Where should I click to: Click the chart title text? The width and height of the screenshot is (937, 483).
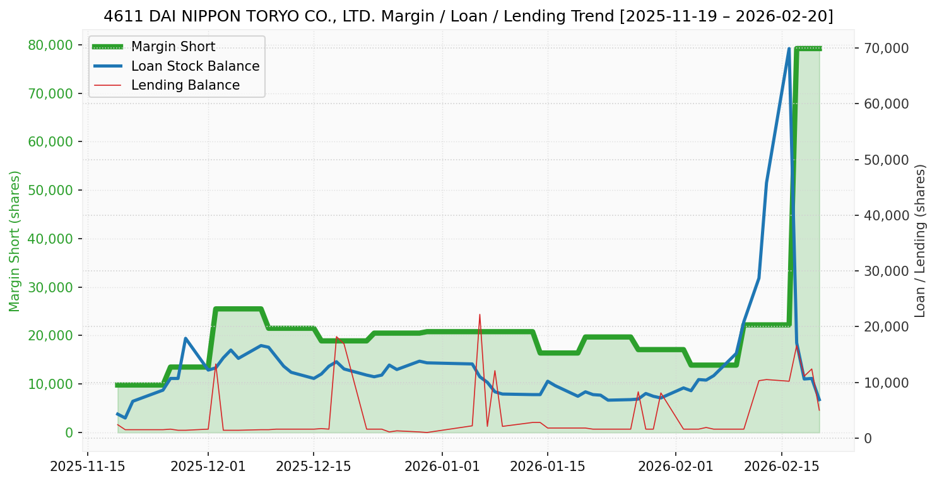pyautogui.click(x=468, y=16)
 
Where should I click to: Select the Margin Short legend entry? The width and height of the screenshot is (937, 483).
pyautogui.click(x=173, y=47)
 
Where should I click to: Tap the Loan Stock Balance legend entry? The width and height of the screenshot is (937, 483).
pyautogui.click(x=195, y=66)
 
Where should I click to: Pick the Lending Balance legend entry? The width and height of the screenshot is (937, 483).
pyautogui.click(x=185, y=85)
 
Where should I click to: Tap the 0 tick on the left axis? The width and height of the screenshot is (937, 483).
pyautogui.click(x=69, y=432)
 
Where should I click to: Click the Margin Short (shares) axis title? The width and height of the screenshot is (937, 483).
pyautogui.click(x=15, y=241)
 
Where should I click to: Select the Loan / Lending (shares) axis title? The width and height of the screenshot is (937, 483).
pyautogui.click(x=921, y=241)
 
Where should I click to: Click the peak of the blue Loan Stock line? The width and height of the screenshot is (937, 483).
pyautogui.click(x=789, y=49)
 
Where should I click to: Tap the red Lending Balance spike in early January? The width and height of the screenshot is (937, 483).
pyautogui.click(x=480, y=314)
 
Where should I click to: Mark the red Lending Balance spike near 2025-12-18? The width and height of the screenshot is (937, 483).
pyautogui.click(x=336, y=337)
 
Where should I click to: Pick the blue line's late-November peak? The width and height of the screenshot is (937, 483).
pyautogui.click(x=186, y=338)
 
